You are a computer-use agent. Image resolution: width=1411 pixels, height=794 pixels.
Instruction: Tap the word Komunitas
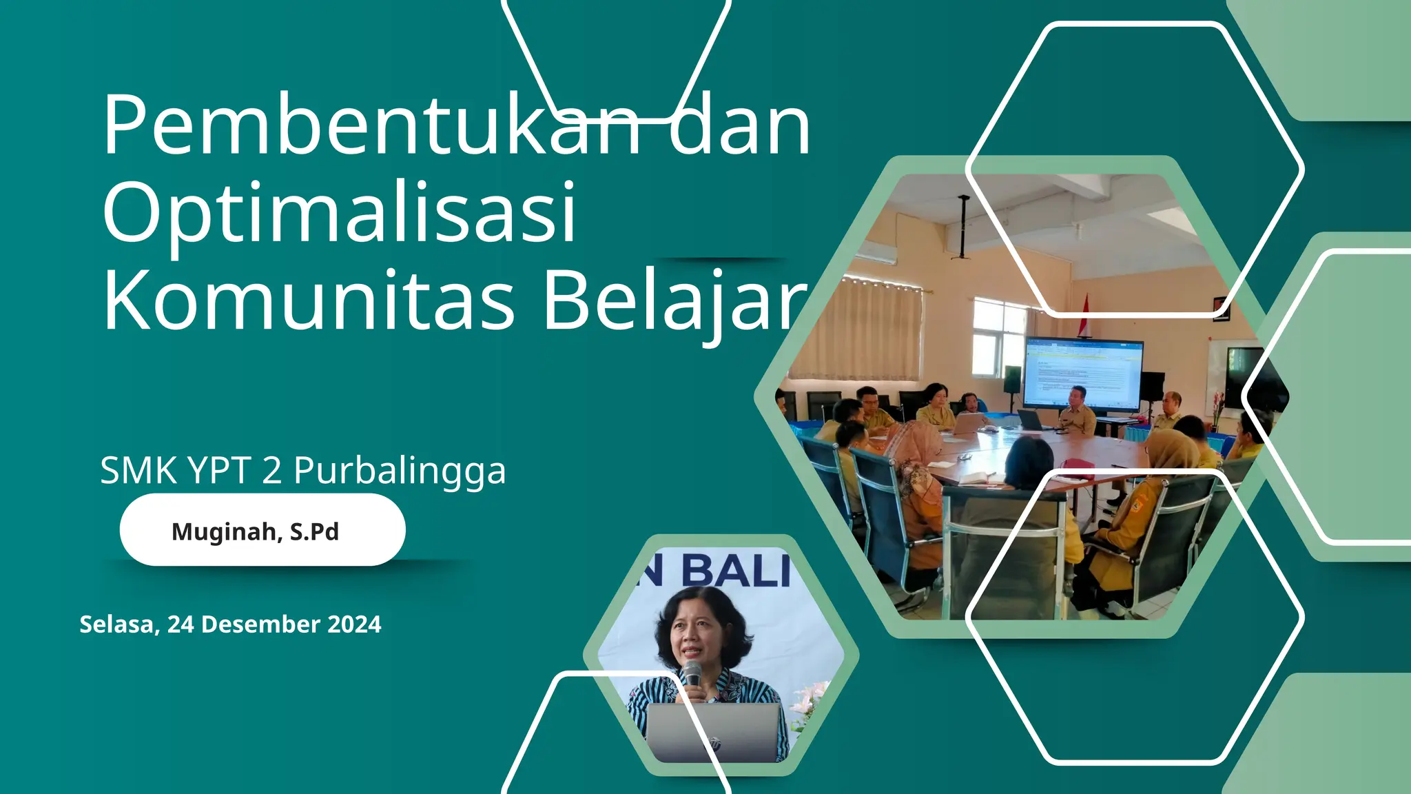309,300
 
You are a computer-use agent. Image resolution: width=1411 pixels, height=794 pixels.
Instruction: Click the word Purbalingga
400,471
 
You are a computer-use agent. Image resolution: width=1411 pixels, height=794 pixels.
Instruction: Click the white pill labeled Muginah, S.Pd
262,531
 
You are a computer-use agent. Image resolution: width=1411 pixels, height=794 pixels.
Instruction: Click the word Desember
262,624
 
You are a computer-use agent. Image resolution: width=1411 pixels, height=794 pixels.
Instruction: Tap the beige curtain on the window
861,331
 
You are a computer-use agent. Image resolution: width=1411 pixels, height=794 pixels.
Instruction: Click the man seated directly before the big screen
1077,411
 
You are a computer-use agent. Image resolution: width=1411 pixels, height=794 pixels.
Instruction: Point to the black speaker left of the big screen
1012,379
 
